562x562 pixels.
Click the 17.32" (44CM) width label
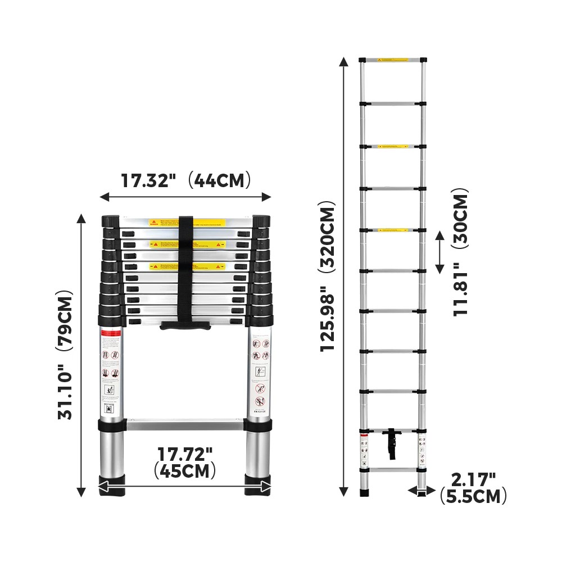(185, 181)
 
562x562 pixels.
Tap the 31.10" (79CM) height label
(66, 355)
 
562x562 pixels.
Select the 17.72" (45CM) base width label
(185, 462)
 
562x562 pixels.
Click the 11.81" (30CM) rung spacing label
(461, 252)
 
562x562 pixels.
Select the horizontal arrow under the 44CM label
(185, 197)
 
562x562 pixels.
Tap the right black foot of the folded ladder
(258, 486)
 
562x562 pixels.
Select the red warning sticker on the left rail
(111, 334)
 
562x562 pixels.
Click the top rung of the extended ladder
(393, 60)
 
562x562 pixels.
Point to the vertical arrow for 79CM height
(82, 355)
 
